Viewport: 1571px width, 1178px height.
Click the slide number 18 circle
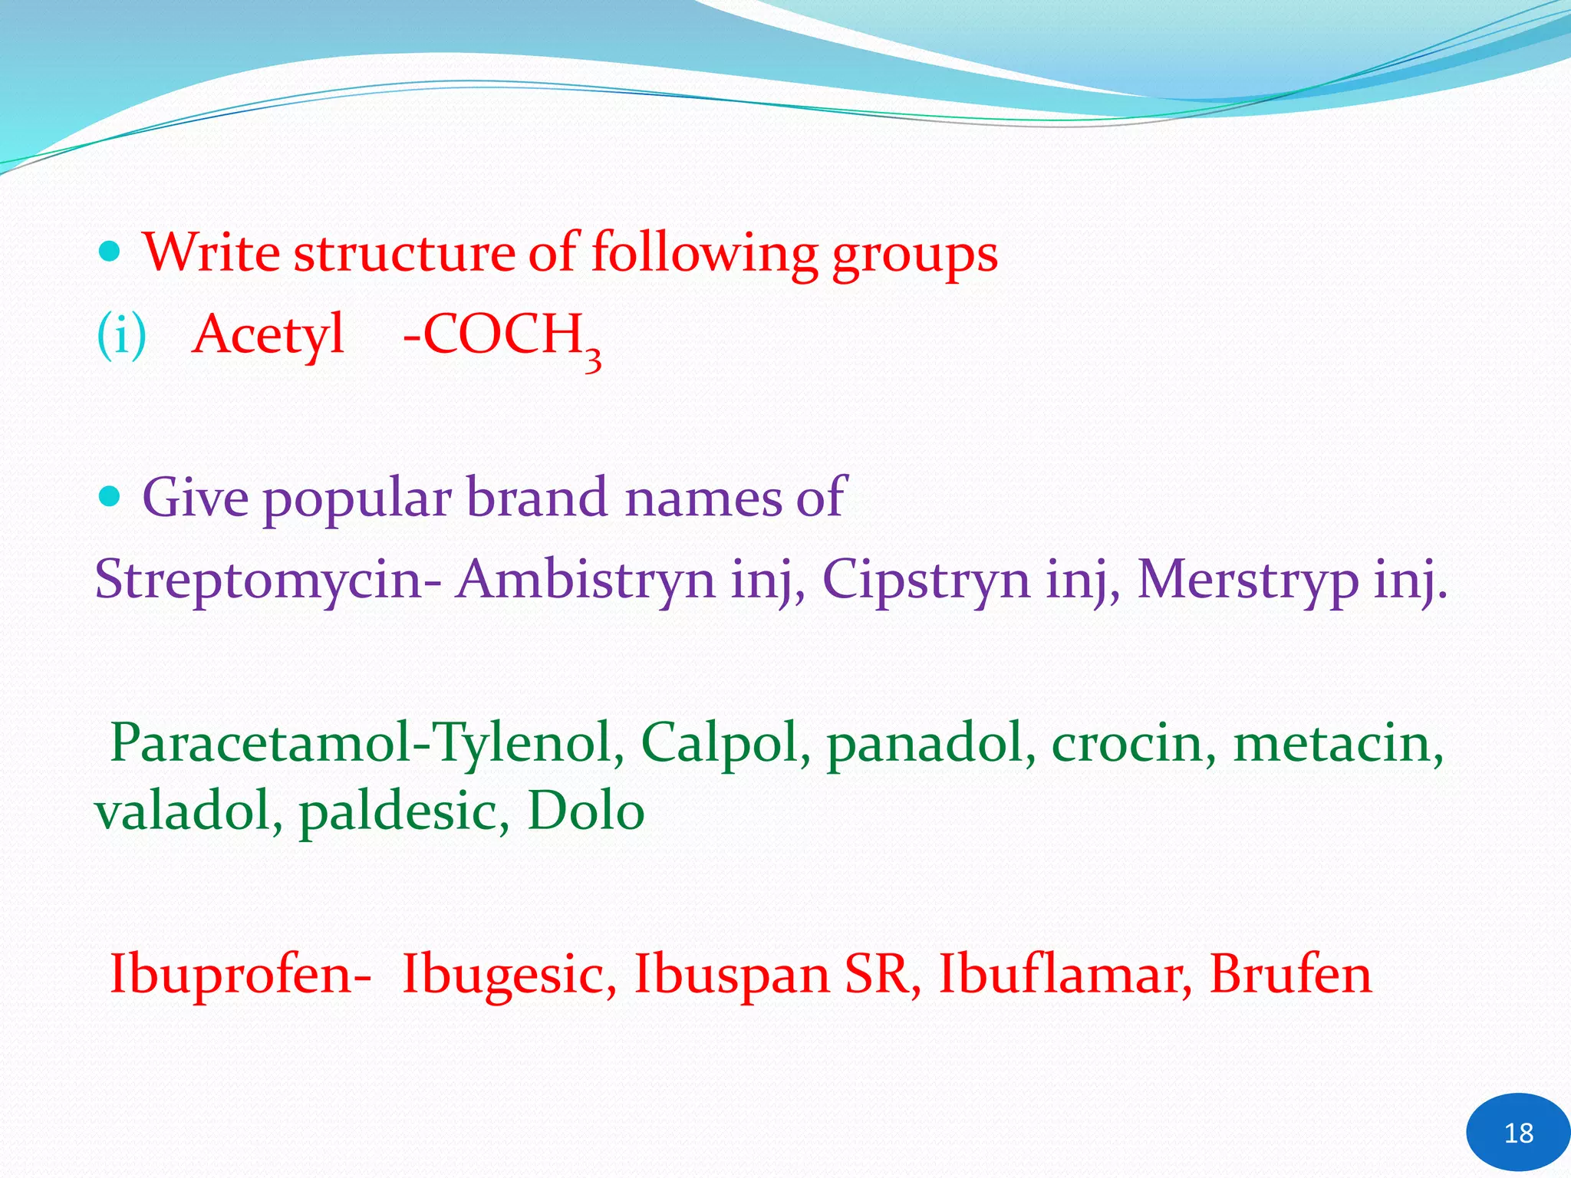tap(1517, 1132)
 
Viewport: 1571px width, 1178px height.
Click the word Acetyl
tap(268, 335)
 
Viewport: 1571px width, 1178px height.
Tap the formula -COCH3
tap(502, 337)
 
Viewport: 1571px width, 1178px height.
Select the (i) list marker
tap(121, 336)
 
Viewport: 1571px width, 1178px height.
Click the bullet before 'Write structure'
tap(110, 251)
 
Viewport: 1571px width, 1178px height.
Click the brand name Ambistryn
tap(585, 580)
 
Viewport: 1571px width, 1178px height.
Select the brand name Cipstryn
tap(926, 580)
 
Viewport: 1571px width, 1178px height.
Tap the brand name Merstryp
tap(1247, 580)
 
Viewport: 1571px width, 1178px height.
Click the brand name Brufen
tap(1290, 974)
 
